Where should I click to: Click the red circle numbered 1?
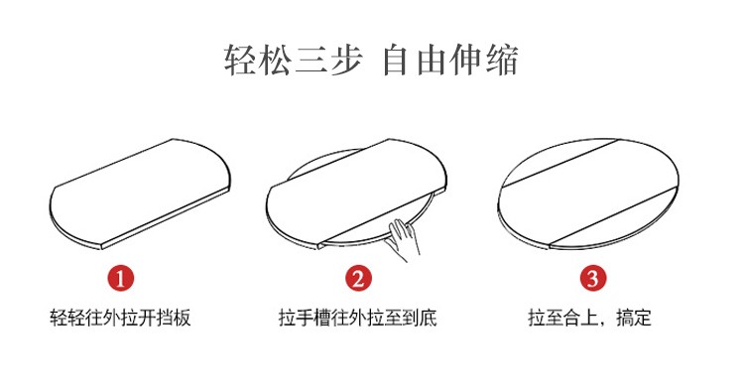[x=120, y=278]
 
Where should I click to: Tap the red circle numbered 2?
[x=358, y=278]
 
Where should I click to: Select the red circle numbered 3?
[x=593, y=278]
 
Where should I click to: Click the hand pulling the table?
[x=403, y=239]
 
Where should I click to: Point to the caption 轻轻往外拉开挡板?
[x=120, y=318]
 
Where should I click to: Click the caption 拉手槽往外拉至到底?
[x=358, y=318]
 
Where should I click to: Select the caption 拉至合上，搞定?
[x=590, y=318]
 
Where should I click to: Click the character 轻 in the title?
[x=241, y=60]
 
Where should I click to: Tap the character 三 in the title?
[x=310, y=60]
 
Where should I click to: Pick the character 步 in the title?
[x=346, y=60]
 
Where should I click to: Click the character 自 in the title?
[x=395, y=60]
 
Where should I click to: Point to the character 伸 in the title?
[x=466, y=60]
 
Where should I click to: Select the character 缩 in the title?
[x=502, y=60]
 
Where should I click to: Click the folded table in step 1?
[x=140, y=194]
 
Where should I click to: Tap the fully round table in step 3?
[x=588, y=194]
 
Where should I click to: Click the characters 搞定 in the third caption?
[x=635, y=318]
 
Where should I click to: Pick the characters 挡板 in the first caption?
[x=174, y=318]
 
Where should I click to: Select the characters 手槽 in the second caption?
[x=313, y=318]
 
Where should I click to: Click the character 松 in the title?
[x=275, y=60]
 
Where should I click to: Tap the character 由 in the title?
[x=431, y=60]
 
